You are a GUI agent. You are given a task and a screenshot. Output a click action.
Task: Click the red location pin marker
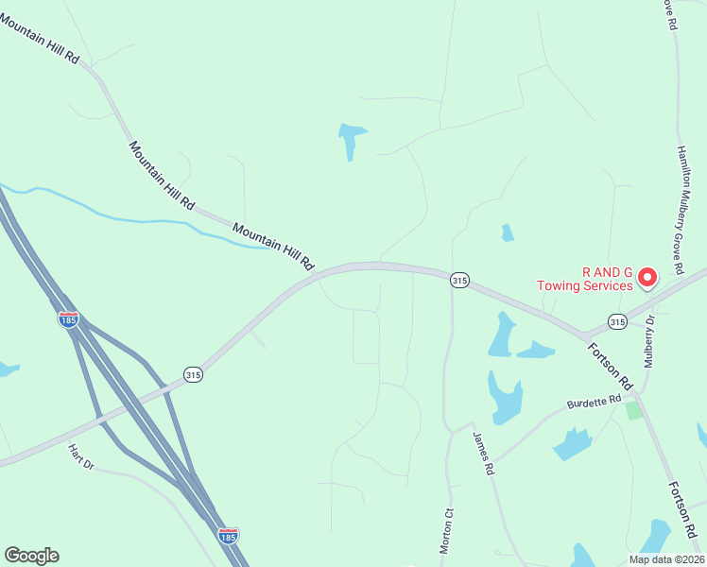[647, 276]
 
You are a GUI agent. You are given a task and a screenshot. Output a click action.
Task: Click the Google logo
[31, 556]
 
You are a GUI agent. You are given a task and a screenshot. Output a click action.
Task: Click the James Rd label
[484, 455]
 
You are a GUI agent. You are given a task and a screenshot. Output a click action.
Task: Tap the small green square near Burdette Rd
[633, 410]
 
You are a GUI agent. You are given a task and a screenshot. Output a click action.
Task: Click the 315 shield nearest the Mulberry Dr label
[616, 322]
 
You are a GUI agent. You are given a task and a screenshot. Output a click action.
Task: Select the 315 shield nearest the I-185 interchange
[193, 374]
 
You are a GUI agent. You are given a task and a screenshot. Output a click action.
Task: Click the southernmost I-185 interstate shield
[228, 536]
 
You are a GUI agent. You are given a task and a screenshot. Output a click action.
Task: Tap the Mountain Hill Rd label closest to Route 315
[272, 248]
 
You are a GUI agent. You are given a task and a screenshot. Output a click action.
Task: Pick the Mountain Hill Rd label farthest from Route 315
[39, 39]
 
